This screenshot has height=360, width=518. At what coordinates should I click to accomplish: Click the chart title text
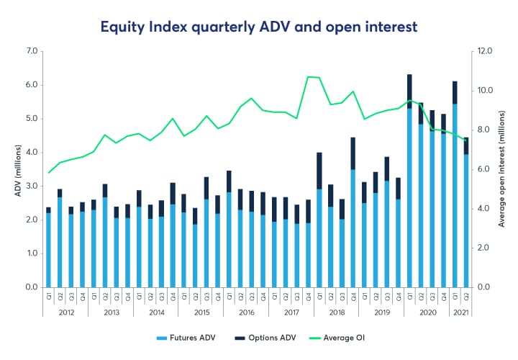[x=258, y=26]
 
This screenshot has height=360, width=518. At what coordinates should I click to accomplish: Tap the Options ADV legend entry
[x=269, y=338]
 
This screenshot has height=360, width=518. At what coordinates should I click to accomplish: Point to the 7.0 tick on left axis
[x=31, y=51]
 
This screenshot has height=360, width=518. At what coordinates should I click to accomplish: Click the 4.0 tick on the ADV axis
[x=31, y=153]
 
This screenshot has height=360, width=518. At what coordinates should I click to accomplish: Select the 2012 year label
[x=66, y=312]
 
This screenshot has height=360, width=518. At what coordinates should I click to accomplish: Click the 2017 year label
[x=292, y=312]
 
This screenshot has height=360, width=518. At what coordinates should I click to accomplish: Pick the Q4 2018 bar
[x=353, y=216]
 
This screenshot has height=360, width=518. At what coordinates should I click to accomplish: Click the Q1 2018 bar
[x=319, y=223]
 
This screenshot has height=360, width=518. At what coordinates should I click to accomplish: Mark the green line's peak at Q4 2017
[x=308, y=76]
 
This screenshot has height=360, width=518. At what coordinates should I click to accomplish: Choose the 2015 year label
[x=201, y=312]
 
